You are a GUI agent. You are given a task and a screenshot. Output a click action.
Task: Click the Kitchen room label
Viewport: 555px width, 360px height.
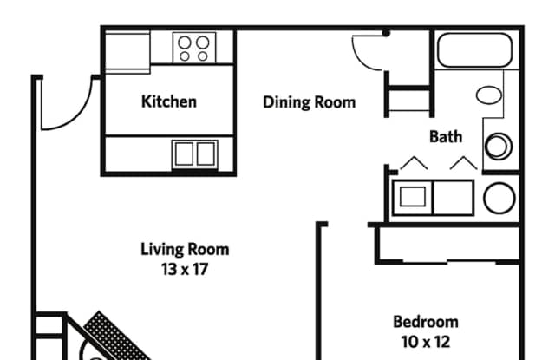pyautogui.click(x=169, y=101)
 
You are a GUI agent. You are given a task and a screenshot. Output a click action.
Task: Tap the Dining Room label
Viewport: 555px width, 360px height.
pyautogui.click(x=309, y=102)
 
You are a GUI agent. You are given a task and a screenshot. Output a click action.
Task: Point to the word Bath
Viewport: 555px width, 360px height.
pyautogui.click(x=446, y=137)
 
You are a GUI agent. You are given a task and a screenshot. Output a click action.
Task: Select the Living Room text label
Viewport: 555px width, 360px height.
pyautogui.click(x=185, y=249)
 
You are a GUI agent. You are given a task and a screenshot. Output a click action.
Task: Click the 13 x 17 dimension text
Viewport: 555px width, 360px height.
pyautogui.click(x=185, y=270)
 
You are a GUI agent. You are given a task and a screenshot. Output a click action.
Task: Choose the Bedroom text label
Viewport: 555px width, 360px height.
pyautogui.click(x=426, y=322)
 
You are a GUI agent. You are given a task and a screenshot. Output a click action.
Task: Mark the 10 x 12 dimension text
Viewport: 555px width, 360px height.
pyautogui.click(x=426, y=342)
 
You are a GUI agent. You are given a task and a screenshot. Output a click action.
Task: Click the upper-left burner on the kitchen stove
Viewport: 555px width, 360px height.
pyautogui.click(x=185, y=43)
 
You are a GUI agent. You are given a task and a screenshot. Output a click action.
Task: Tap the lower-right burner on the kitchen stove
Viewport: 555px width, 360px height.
pyautogui.click(x=203, y=56)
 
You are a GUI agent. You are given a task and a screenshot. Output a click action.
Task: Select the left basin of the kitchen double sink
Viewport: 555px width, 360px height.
pyautogui.click(x=184, y=154)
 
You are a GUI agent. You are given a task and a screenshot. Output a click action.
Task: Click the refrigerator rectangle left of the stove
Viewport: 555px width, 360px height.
pyautogui.click(x=127, y=52)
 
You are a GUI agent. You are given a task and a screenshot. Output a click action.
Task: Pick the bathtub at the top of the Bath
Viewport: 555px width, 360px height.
pyautogui.click(x=474, y=50)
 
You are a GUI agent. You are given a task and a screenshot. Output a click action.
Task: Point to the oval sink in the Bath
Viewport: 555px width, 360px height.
pyautogui.click(x=489, y=95)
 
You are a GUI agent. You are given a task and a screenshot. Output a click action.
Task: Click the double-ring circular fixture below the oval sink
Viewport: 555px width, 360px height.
pyautogui.click(x=499, y=146)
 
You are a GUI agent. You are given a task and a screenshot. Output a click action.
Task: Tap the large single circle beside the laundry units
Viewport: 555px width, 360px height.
pyautogui.click(x=499, y=198)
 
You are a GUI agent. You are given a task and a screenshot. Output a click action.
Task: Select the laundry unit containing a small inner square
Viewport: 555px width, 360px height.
pyautogui.click(x=413, y=197)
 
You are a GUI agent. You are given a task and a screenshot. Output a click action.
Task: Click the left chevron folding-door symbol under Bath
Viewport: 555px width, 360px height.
pyautogui.click(x=414, y=162)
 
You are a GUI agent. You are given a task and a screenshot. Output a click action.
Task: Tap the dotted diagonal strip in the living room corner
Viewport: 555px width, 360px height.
pyautogui.click(x=117, y=337)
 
